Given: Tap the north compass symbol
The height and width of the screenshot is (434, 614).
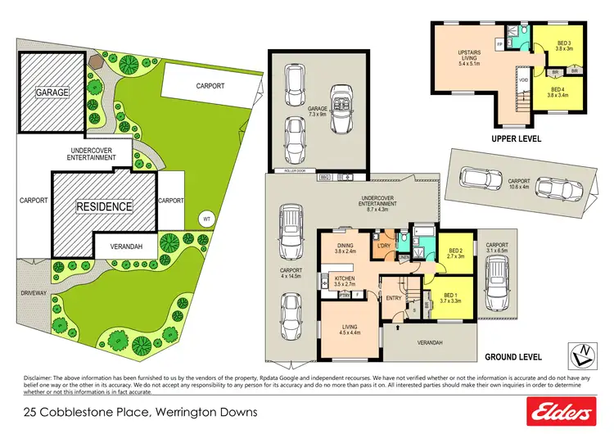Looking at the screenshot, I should (580, 354).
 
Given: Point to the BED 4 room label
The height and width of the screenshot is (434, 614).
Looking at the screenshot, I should (559, 91).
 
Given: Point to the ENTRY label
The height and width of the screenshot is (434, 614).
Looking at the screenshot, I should (394, 297).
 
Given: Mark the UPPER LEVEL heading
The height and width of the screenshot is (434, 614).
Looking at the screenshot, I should (516, 139).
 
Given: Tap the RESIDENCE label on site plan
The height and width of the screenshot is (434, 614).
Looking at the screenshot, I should (104, 206).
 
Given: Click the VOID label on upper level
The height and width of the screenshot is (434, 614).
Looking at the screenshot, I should (523, 79).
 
